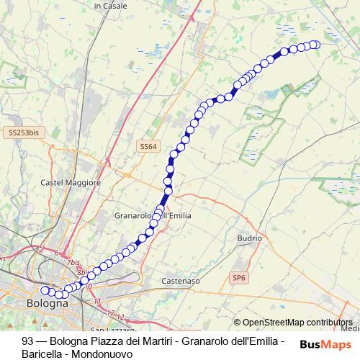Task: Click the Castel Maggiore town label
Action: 71,183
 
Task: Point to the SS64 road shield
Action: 148,146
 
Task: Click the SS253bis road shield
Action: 24,132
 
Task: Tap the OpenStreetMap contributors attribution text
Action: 297,323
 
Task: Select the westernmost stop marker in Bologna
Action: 45,290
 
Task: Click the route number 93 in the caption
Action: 28,341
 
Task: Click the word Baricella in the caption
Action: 42,354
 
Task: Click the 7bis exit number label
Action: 73,264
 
